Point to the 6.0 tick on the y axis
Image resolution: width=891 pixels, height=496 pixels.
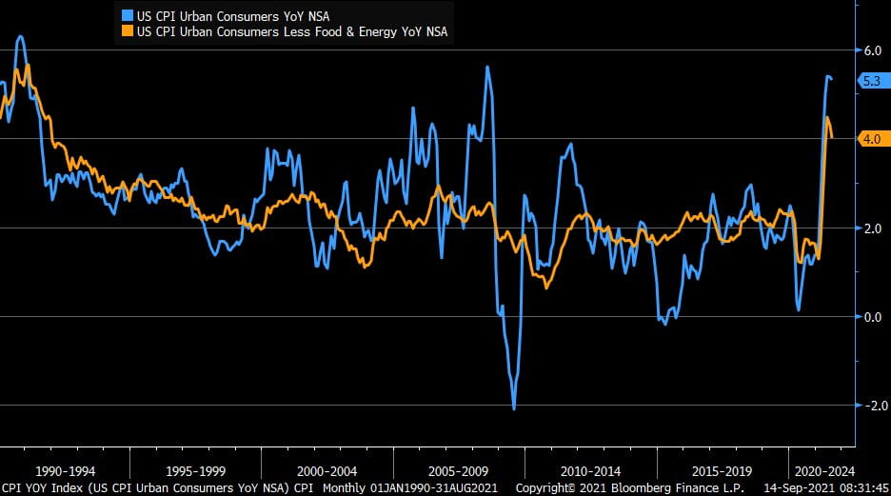(x=872, y=50)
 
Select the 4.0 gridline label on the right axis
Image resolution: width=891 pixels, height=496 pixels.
(x=871, y=139)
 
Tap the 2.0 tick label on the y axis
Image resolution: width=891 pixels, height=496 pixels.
(x=872, y=228)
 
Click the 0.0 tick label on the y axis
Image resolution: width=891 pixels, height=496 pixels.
(x=872, y=316)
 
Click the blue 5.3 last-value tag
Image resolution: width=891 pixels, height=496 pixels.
(x=871, y=82)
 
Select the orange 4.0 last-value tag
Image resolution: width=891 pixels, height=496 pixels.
(x=871, y=139)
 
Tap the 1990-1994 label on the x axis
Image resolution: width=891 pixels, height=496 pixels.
(x=64, y=470)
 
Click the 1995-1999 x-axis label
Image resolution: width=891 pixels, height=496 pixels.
(x=195, y=470)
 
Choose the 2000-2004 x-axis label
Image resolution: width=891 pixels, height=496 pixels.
(x=327, y=470)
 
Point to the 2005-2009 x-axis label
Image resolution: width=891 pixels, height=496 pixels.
(x=458, y=470)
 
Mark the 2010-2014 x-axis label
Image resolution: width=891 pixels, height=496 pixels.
(x=590, y=470)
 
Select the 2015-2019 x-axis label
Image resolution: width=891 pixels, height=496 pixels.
(x=722, y=470)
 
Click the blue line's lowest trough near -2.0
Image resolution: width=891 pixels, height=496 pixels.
(x=514, y=408)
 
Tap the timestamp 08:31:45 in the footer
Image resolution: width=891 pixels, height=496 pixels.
(x=864, y=487)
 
